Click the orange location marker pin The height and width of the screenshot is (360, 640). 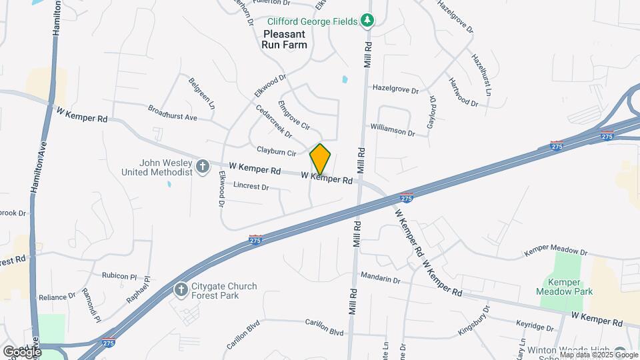[x=320, y=159]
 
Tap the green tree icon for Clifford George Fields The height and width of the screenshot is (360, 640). [x=367, y=21]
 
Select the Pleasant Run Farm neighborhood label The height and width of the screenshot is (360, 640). [x=285, y=39]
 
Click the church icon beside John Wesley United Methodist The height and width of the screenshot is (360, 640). [x=202, y=167]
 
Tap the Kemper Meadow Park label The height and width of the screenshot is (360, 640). [x=565, y=286]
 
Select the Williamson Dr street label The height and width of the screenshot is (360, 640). [x=393, y=129]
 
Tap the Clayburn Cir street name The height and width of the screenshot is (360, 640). [x=277, y=151]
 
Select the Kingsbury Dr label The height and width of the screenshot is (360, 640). [x=474, y=319]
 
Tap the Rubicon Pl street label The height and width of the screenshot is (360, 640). [x=119, y=275]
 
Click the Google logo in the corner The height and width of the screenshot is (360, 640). [x=22, y=351]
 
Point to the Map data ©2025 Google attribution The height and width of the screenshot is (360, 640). [x=599, y=355]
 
